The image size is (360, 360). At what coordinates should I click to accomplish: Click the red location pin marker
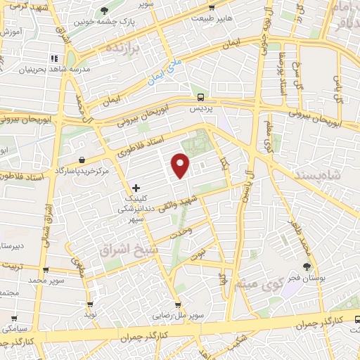(x=181, y=166)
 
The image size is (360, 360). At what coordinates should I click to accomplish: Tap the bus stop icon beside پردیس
(x=201, y=98)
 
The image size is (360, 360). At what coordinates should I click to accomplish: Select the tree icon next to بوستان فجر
(x=306, y=266)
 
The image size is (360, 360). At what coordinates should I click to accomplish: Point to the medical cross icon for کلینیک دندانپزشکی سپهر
(x=136, y=188)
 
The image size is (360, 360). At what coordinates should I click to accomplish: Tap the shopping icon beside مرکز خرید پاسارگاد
(x=83, y=160)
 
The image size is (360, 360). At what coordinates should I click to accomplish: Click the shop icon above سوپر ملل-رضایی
(x=179, y=305)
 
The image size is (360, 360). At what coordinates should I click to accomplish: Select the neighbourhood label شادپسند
(x=322, y=175)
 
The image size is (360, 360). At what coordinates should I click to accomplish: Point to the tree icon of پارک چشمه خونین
(x=104, y=10)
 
